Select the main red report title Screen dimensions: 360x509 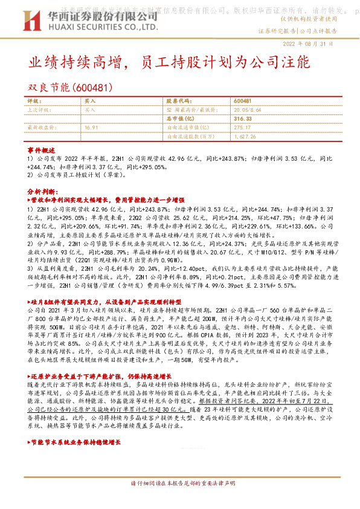[170, 63]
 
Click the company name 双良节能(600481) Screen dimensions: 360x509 [71, 88]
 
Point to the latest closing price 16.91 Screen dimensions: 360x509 [91, 128]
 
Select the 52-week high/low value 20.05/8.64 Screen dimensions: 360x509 [248, 110]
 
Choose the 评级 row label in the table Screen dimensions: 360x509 [34, 100]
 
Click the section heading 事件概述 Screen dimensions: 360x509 [41, 149]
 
